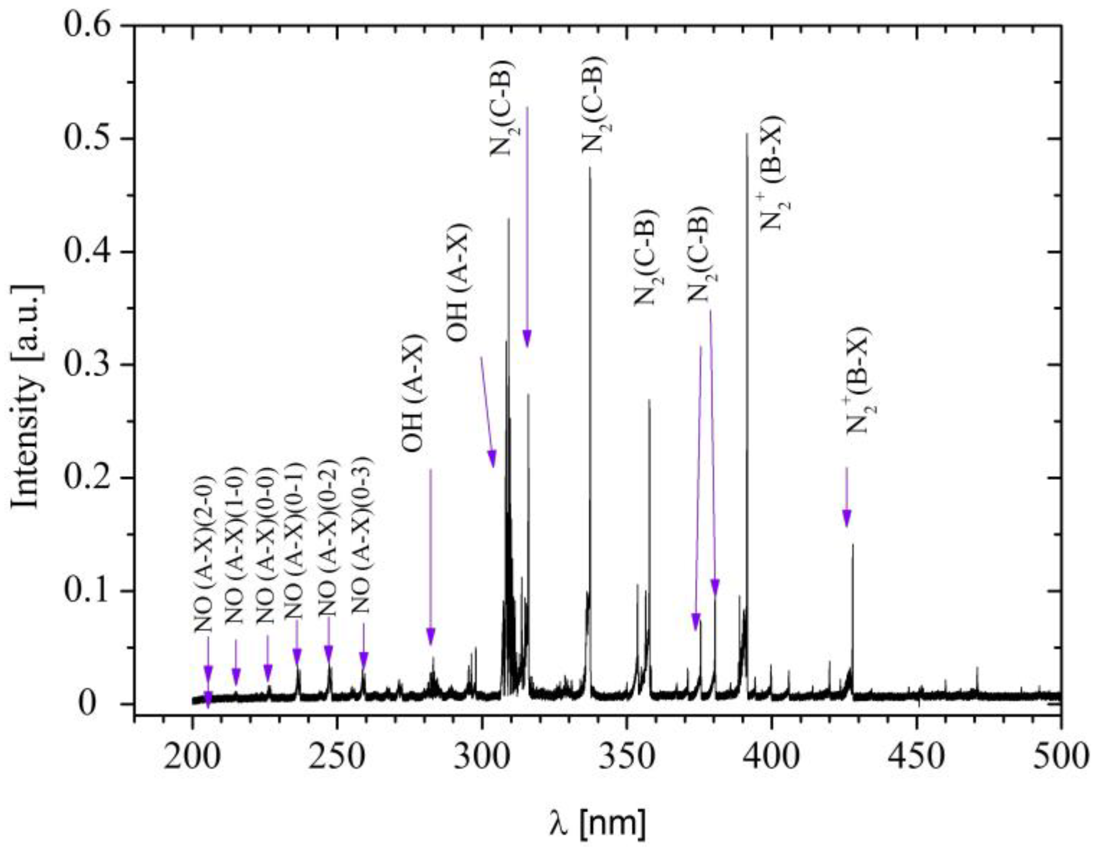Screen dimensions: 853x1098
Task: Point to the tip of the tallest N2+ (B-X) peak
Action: point(747,134)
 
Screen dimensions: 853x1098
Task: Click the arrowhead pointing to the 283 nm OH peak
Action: point(431,637)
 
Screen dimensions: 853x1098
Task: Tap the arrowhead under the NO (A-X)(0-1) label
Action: point(297,656)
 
